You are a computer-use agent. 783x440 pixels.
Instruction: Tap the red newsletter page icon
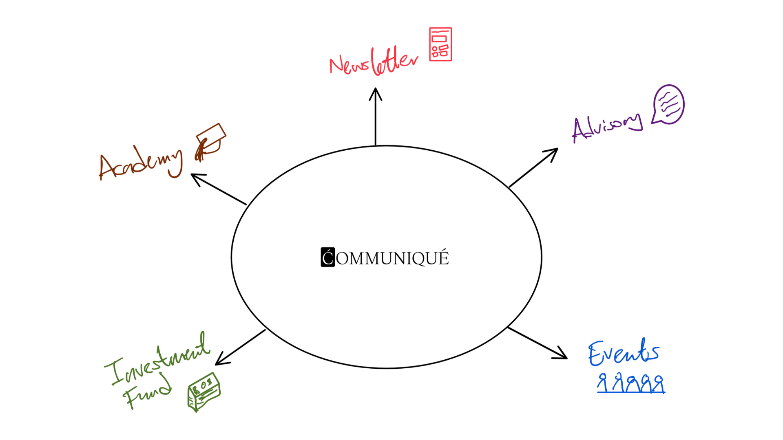click(x=440, y=44)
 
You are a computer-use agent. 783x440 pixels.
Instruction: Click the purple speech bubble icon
click(x=668, y=104)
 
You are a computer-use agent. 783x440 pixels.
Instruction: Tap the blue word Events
click(x=623, y=353)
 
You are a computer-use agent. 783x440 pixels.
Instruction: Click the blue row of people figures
click(x=631, y=384)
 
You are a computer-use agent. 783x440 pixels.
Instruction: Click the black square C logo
click(x=327, y=257)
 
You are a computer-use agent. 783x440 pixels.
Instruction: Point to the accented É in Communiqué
click(x=444, y=257)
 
